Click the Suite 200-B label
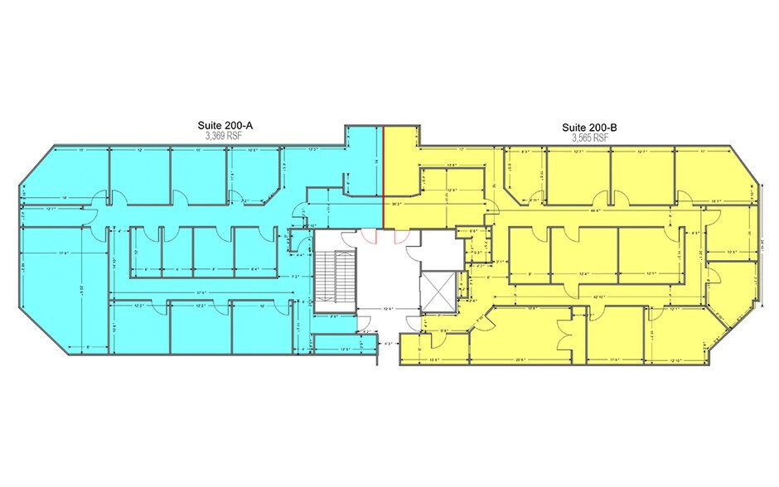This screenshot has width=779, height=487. tap(589, 128)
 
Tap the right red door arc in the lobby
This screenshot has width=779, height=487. tap(400, 235)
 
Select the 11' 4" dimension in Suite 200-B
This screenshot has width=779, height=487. tap(614, 359)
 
